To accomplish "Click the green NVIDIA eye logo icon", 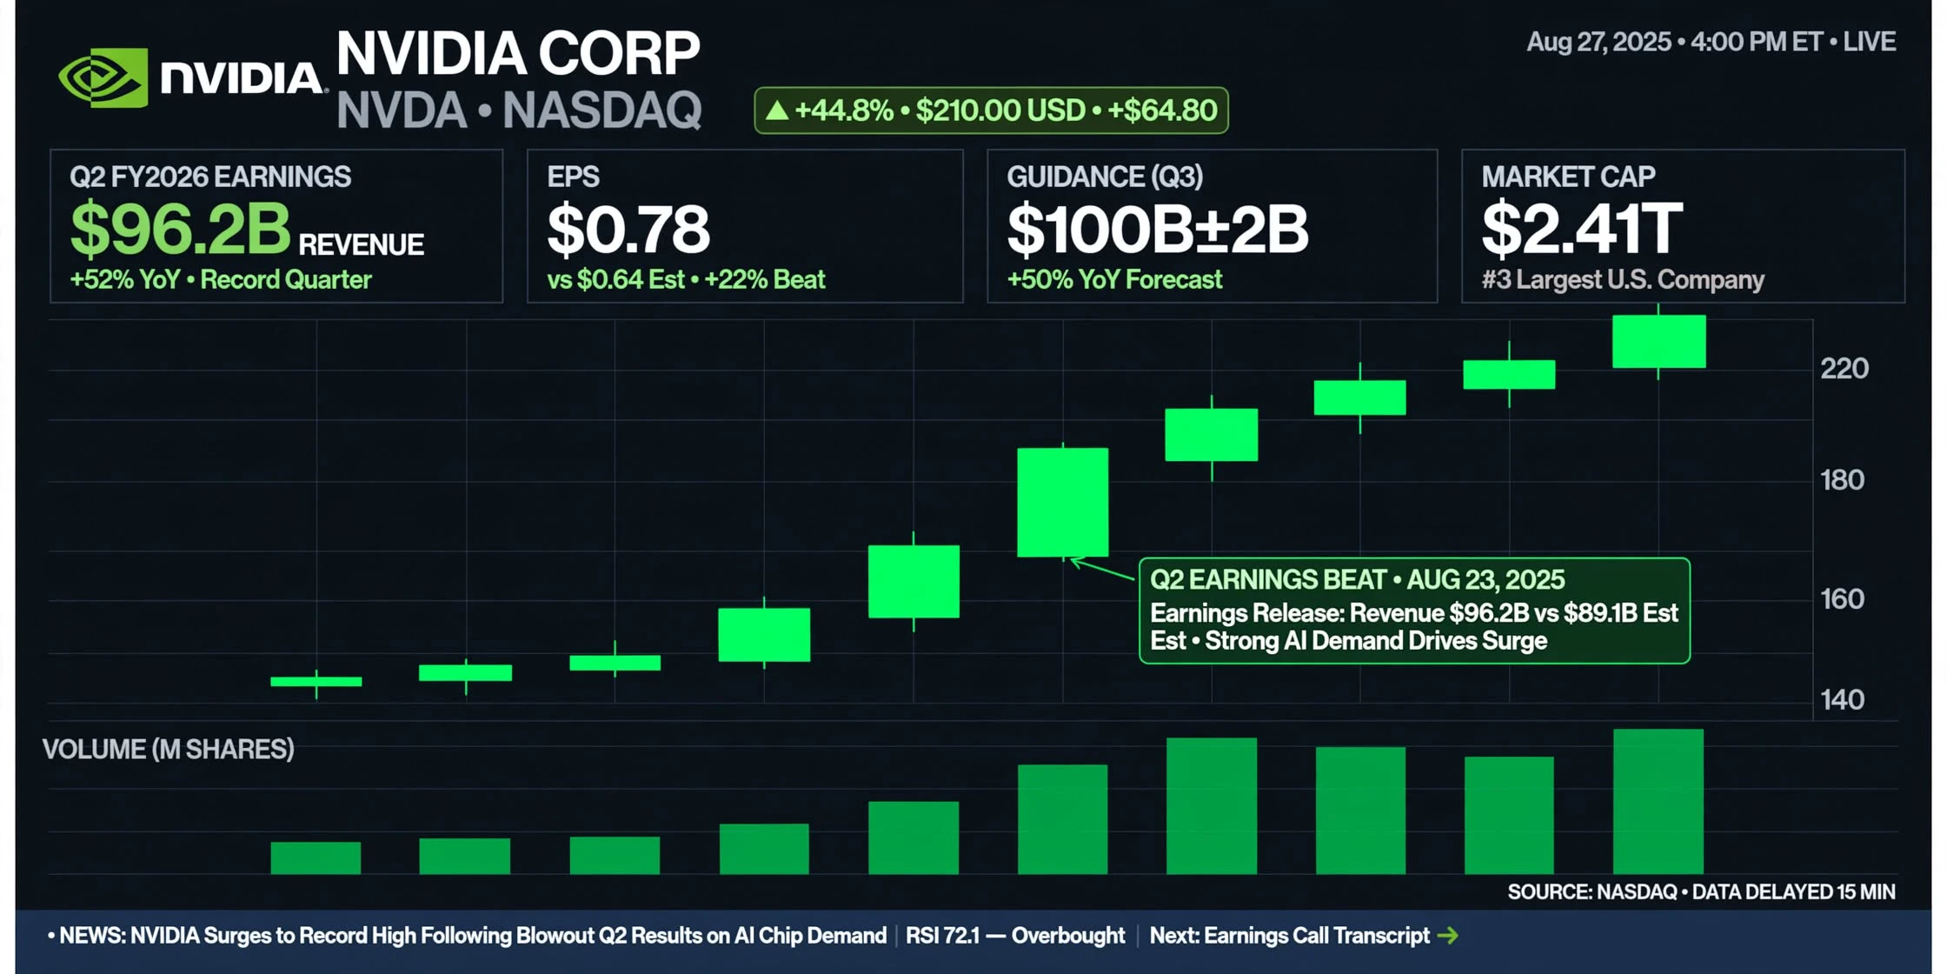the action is tap(103, 77).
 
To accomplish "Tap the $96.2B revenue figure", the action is tap(180, 229).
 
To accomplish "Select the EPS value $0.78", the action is tap(628, 230).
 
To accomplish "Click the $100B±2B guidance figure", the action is tap(1157, 230).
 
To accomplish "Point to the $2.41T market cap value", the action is tap(1582, 230).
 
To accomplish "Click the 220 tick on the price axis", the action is tap(1844, 369).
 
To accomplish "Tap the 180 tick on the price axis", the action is tap(1843, 480).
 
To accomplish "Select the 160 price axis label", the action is tap(1843, 599).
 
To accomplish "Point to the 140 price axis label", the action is tap(1843, 700).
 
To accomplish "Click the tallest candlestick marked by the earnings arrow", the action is tap(1063, 502).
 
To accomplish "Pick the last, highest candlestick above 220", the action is tap(1658, 341).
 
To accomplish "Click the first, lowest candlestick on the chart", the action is tap(316, 682).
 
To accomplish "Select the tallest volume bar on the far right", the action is tap(1658, 802).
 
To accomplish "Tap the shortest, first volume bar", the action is tap(316, 857).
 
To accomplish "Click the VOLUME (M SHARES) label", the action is tap(169, 750).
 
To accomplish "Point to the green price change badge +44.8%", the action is tap(991, 110).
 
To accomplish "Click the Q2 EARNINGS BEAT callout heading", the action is tap(1357, 580).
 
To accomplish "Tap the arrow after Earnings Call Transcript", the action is tap(1448, 936).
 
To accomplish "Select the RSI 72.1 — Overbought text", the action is tap(1015, 936).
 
